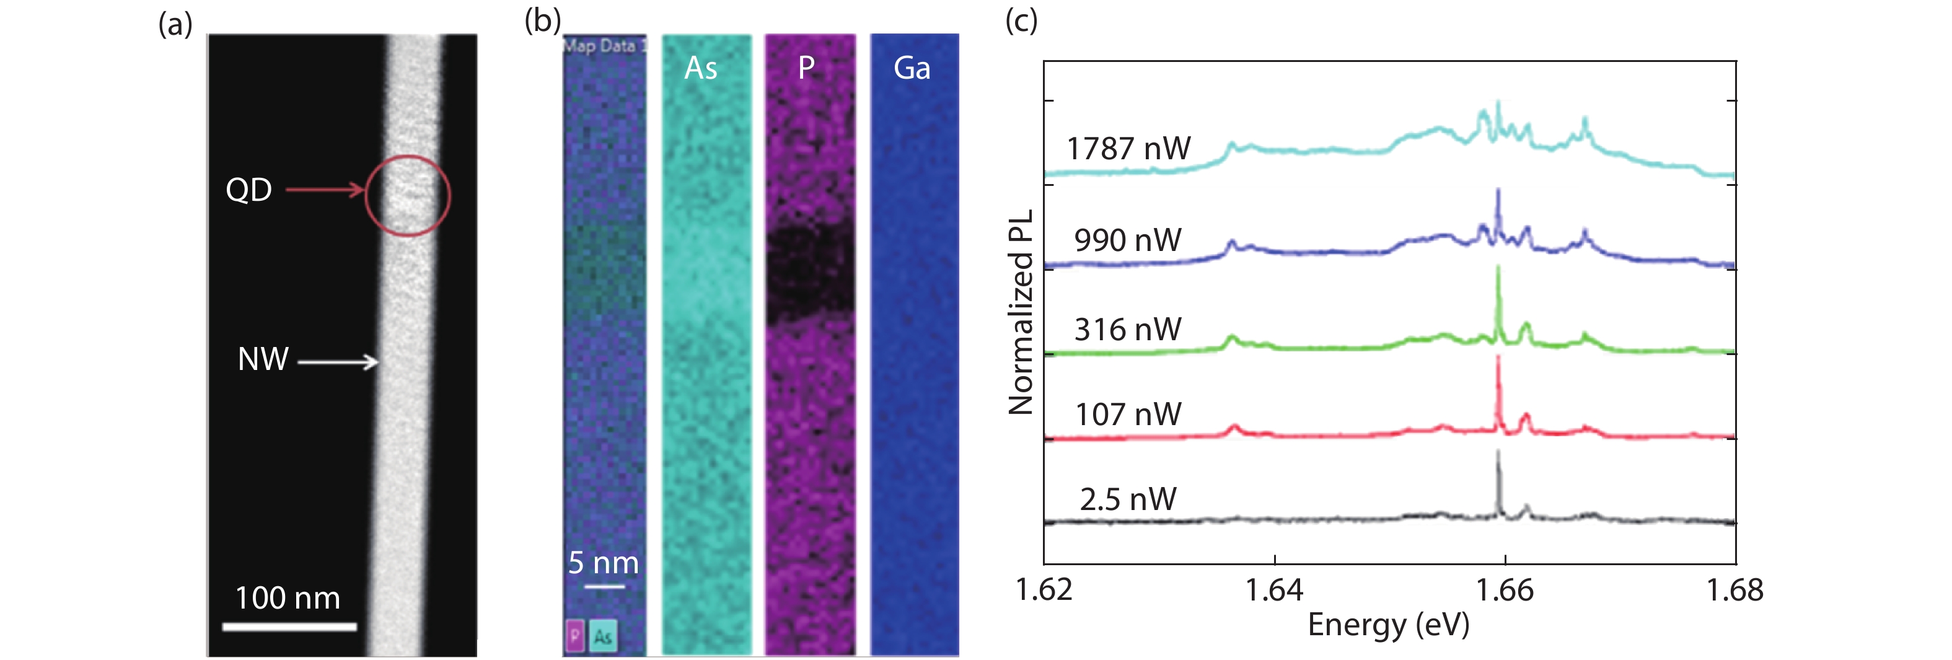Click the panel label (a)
[175, 25]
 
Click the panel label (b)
[542, 20]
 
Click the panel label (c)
[1021, 20]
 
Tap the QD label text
[248, 190]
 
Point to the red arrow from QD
[324, 190]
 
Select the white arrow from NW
[338, 361]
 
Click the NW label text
[263, 359]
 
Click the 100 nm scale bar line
[289, 627]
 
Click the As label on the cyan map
[700, 68]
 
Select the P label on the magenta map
[806, 68]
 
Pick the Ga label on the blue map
[912, 68]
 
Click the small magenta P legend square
[575, 636]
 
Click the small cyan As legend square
[603, 636]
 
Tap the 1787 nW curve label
[1128, 149]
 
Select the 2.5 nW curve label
[1128, 499]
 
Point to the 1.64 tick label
[1274, 591]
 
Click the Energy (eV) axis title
[1388, 625]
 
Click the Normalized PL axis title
[1021, 312]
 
